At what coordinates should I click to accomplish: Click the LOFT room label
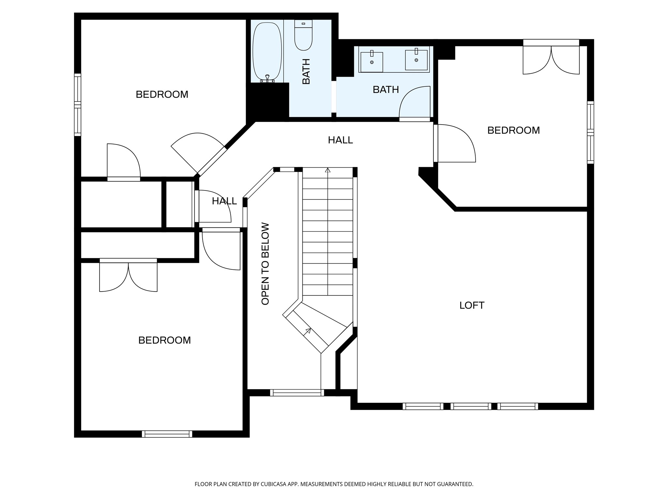[472, 305]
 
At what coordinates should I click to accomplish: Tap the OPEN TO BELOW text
[265, 264]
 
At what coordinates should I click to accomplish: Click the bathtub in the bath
[267, 52]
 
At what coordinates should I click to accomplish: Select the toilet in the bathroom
[303, 35]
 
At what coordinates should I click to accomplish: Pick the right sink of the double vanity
[416, 59]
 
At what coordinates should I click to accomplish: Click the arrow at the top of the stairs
[328, 170]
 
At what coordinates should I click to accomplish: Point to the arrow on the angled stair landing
[308, 332]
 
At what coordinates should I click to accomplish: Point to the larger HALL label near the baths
[340, 140]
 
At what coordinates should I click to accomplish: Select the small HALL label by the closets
[224, 201]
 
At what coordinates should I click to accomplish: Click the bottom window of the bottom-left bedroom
[167, 434]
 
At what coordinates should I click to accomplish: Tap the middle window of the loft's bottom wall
[471, 406]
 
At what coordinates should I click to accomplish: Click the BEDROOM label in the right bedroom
[513, 130]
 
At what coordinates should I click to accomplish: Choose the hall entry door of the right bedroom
[455, 143]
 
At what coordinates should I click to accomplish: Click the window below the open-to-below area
[297, 393]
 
